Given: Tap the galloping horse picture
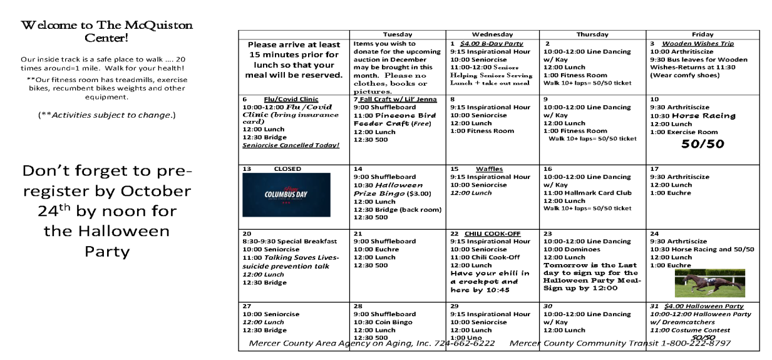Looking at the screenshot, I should [709, 283].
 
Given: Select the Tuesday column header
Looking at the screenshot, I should [397, 34].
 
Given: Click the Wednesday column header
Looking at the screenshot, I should [492, 34].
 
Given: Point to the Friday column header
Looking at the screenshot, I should [703, 34].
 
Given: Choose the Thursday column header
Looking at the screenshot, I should [592, 34].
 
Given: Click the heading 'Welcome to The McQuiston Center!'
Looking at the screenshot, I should [106, 31].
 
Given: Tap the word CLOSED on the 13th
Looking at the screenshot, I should [287, 169].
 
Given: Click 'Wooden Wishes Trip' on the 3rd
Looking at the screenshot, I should [697, 44].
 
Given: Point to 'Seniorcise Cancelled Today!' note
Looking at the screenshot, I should [291, 145].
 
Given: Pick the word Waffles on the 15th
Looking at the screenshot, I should [489, 169].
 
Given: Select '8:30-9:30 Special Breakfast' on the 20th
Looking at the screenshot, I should [290, 242].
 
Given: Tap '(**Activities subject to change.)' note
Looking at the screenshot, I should [106, 115].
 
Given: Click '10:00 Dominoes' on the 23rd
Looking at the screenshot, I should [571, 249].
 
